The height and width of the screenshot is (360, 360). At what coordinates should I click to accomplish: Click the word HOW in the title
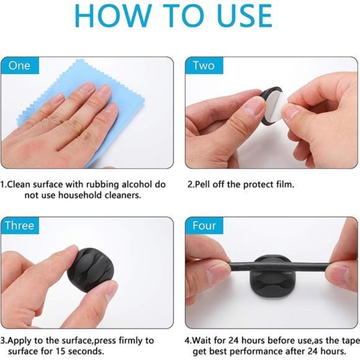(x=113, y=16)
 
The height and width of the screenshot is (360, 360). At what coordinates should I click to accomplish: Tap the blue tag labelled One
(x=20, y=66)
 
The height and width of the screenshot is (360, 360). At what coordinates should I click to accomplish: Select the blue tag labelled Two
(x=204, y=66)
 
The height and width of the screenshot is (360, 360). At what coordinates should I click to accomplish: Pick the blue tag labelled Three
(x=20, y=225)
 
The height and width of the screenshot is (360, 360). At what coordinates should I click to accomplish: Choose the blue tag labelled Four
(x=204, y=225)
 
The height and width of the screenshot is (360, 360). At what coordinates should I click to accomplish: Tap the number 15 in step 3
(x=62, y=351)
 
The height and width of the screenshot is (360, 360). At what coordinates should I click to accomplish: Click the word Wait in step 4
(x=202, y=340)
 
